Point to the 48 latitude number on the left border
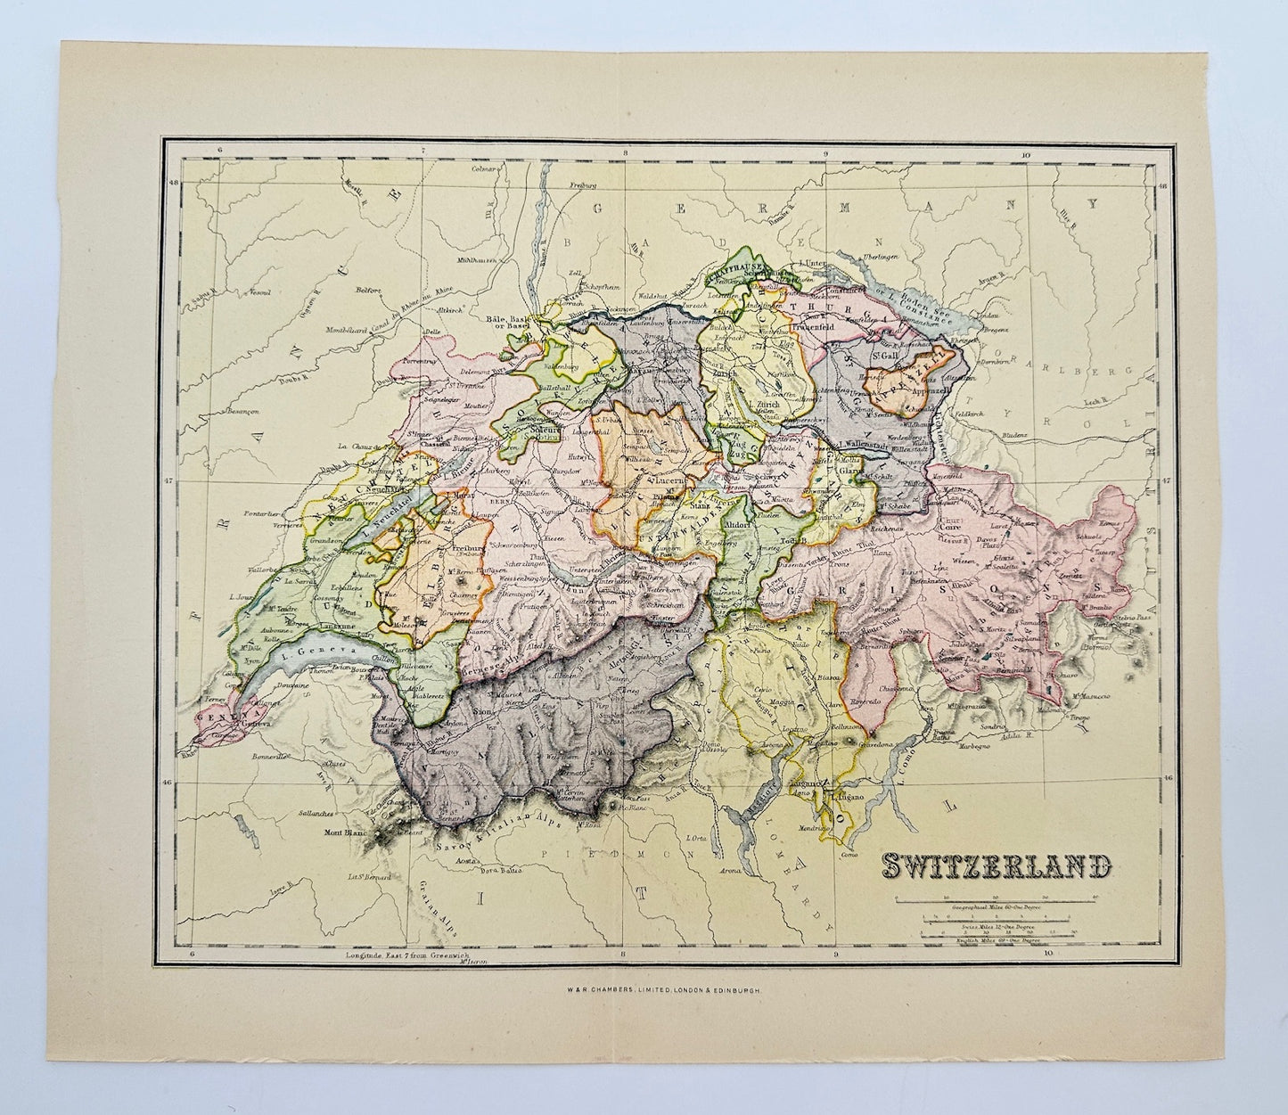(175, 184)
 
